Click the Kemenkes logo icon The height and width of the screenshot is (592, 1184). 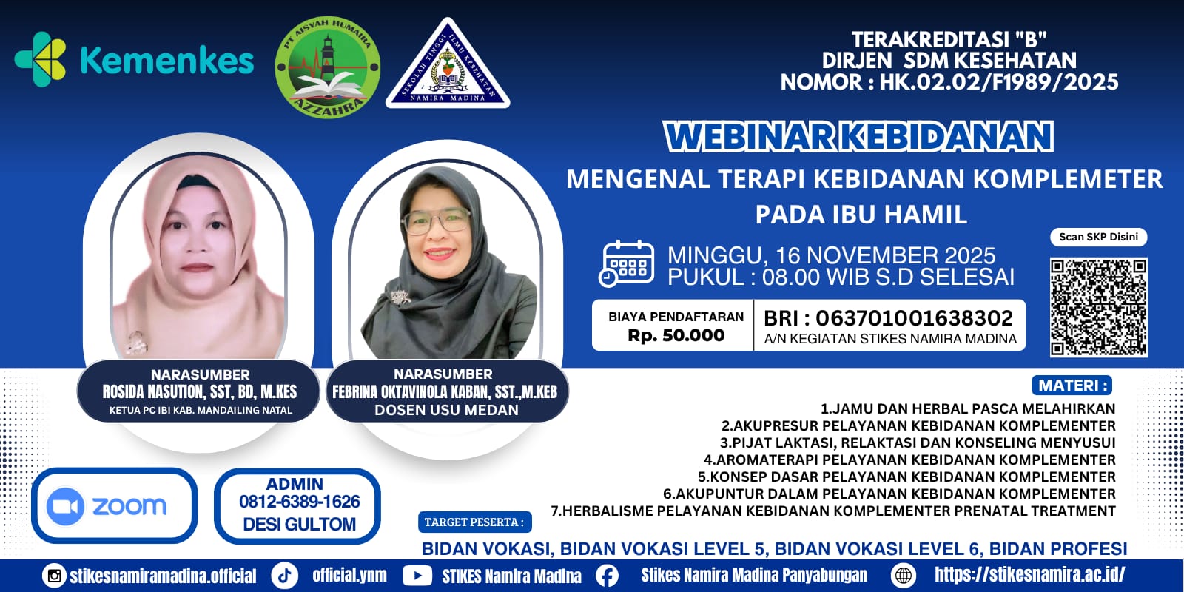point(41,59)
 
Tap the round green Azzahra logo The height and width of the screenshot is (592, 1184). point(328,67)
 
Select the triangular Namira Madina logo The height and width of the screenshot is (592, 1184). point(448,64)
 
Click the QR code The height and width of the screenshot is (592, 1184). point(1098,307)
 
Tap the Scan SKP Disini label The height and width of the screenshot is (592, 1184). point(1098,237)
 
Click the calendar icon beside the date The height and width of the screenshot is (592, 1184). point(626,263)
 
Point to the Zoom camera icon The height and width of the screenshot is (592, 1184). point(66,506)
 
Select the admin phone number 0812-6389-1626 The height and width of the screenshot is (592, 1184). point(299,502)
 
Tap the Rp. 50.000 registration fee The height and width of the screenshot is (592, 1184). point(676,335)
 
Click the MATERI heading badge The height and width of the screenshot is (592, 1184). point(1072,385)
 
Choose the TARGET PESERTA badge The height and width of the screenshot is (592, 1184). point(474,522)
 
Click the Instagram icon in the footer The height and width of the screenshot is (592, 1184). point(54,576)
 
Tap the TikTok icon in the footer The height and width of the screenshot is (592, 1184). point(285,576)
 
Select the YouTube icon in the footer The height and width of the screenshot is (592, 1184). point(417,576)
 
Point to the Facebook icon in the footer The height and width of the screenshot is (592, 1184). point(607,576)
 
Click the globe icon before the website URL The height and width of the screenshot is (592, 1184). point(904,576)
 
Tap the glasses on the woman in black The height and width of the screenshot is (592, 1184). point(436,221)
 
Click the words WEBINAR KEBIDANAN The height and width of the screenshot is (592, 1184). point(858,137)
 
